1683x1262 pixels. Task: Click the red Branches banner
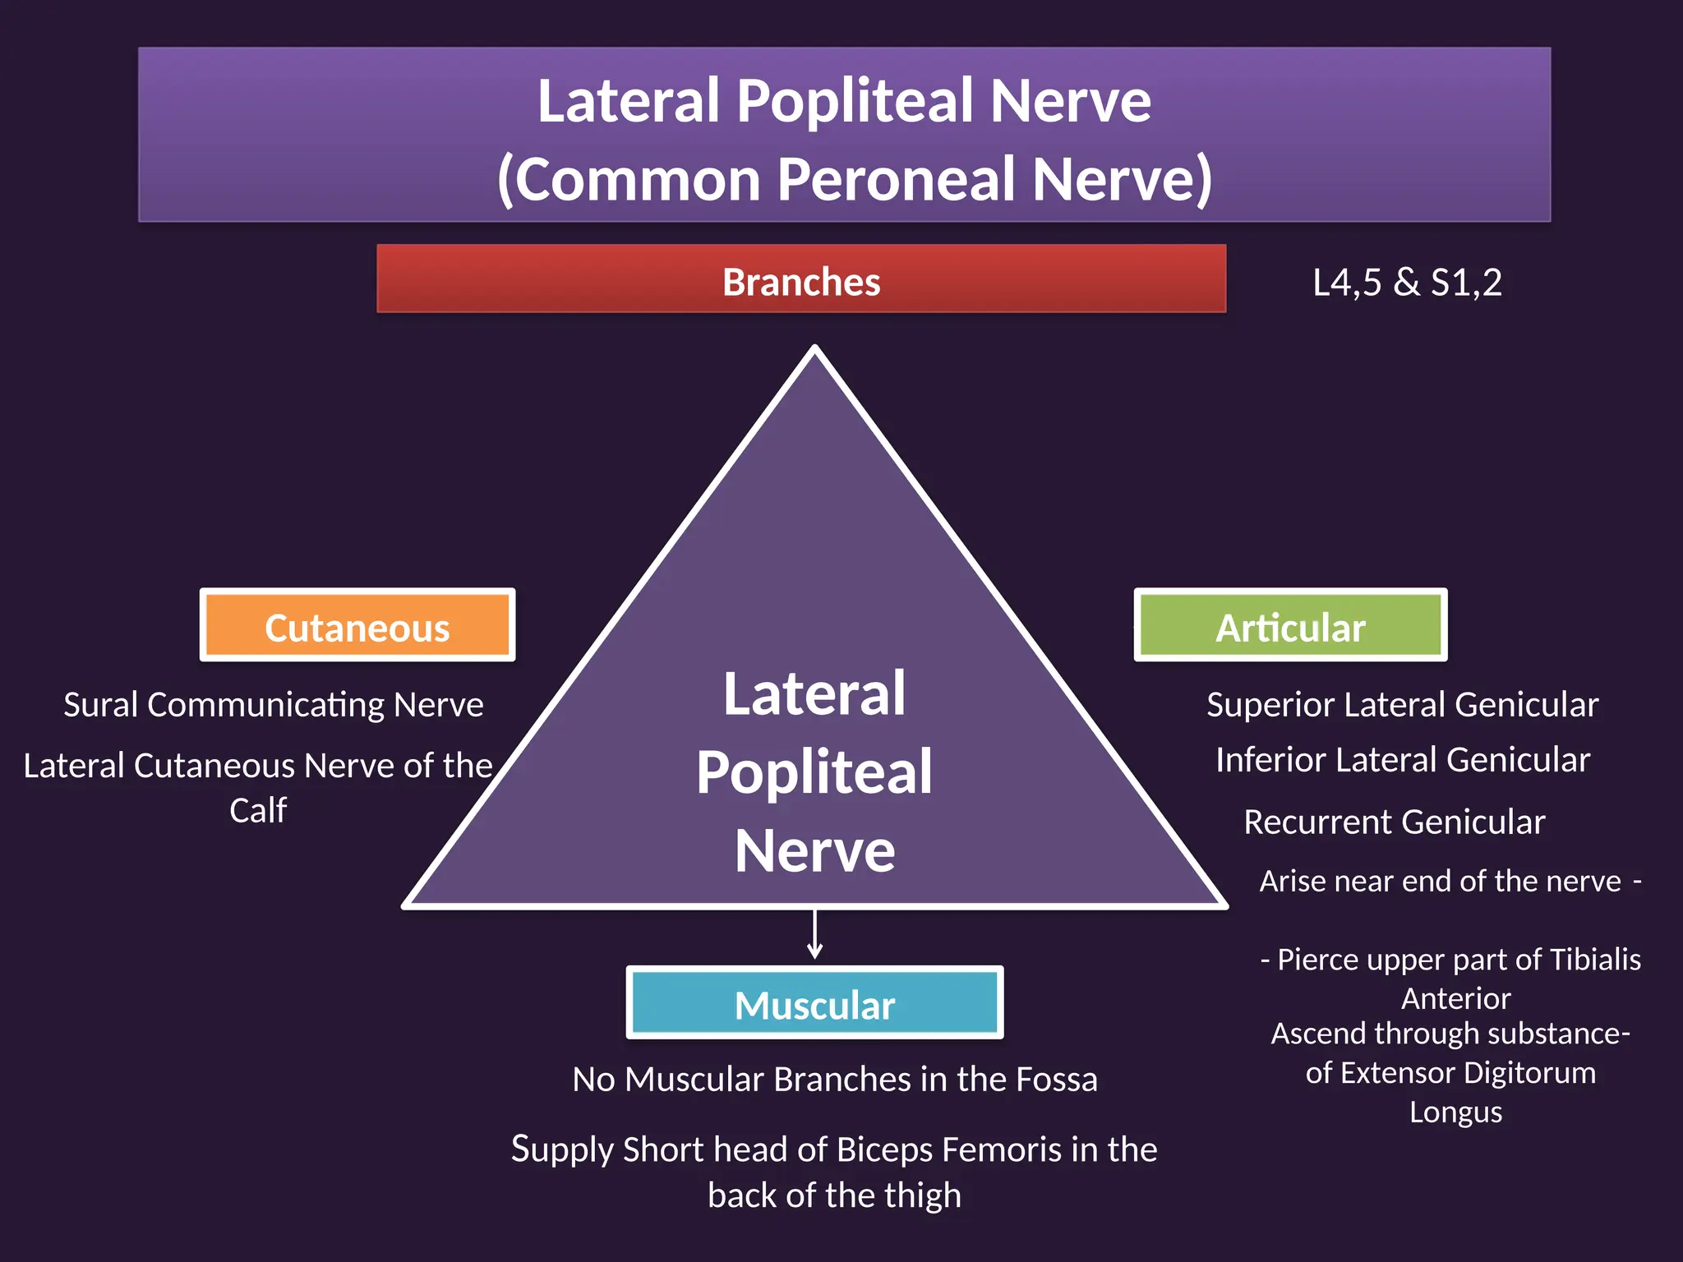[x=801, y=279]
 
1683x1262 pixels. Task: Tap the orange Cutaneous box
[x=357, y=626]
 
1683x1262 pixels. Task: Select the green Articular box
[x=1290, y=626]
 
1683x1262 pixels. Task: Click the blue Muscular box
[x=814, y=1003]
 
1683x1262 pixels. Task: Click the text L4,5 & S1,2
[x=1407, y=283]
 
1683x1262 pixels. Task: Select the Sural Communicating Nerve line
[x=274, y=705]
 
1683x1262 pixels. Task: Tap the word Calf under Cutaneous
[x=258, y=811]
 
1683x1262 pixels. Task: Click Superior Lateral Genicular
[x=1402, y=705]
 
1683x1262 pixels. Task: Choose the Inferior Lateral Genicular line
[x=1402, y=760]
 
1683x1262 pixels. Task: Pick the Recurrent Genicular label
[x=1394, y=822]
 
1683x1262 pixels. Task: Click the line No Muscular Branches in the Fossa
[x=834, y=1079]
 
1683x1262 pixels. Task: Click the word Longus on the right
[x=1455, y=1112]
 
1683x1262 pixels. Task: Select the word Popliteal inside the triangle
[x=814, y=772]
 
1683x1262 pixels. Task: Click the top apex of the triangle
[x=814, y=350]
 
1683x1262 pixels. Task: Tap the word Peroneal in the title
[x=896, y=179]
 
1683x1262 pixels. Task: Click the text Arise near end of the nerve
[x=1440, y=881]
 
